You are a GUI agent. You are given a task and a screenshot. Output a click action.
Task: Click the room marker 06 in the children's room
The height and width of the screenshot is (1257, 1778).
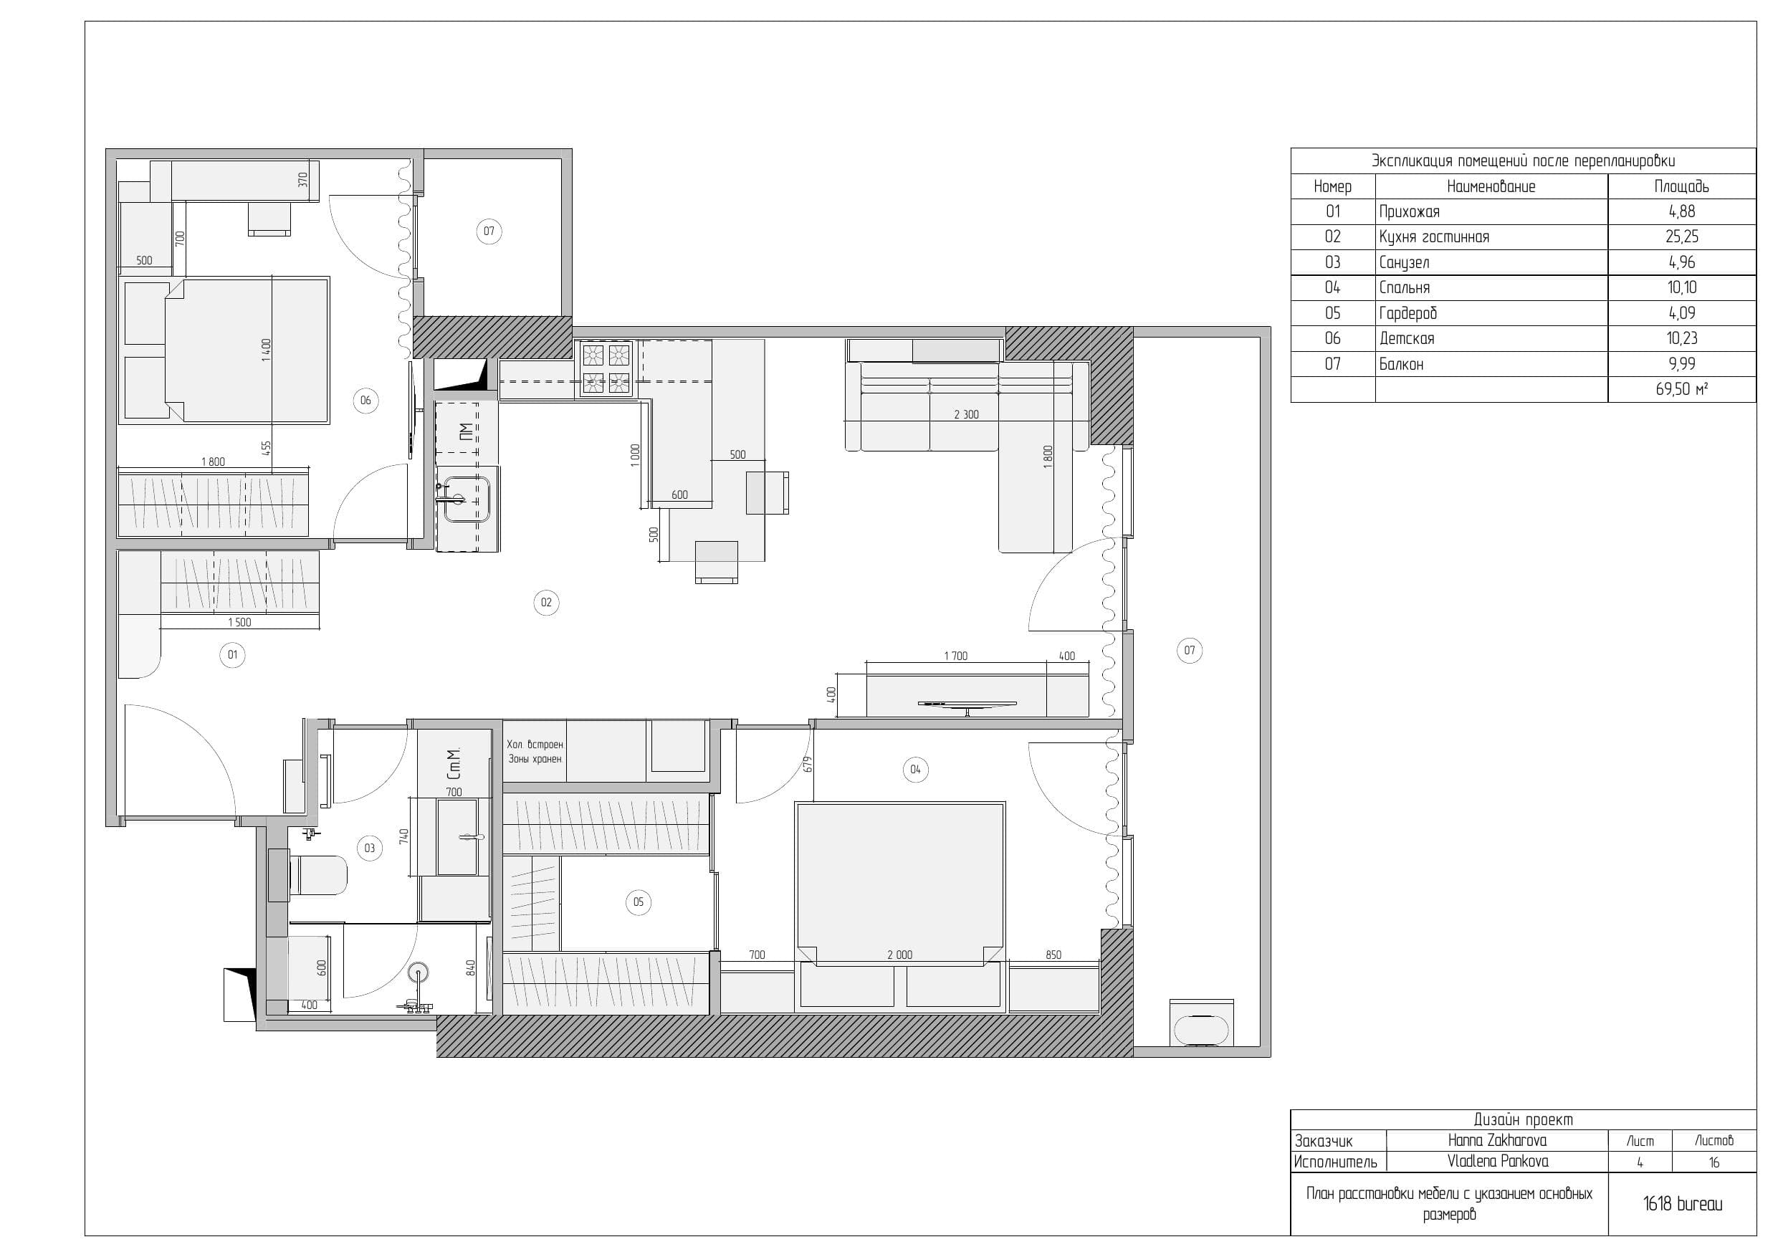click(365, 401)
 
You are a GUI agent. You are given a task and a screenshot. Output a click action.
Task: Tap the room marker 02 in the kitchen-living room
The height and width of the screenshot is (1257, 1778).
click(546, 603)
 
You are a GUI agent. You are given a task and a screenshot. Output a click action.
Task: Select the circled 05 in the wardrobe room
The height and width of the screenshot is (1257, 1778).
click(638, 902)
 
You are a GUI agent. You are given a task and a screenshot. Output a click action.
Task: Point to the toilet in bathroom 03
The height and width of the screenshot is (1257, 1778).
click(317, 875)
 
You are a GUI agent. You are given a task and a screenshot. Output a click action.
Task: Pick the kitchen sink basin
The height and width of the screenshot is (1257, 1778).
click(467, 499)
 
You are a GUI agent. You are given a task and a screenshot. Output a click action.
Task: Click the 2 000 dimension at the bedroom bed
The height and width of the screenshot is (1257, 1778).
click(900, 955)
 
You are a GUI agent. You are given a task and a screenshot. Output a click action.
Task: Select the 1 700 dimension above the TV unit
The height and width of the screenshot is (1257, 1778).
click(955, 656)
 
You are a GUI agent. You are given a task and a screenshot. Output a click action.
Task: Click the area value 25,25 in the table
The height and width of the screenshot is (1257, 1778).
click(1682, 237)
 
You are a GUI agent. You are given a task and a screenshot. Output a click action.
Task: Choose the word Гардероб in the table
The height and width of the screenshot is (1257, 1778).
click(1407, 313)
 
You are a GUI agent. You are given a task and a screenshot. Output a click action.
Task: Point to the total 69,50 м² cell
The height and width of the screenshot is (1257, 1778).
click(1682, 389)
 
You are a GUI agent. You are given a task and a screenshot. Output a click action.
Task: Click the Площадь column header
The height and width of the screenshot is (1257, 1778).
click(1681, 186)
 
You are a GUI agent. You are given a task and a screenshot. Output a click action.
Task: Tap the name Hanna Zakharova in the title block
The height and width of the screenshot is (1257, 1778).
click(1497, 1140)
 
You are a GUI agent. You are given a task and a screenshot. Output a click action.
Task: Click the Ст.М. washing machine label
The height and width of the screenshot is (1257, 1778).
click(454, 764)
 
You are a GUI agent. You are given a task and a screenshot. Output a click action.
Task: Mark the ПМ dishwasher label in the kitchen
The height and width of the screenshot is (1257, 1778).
click(464, 431)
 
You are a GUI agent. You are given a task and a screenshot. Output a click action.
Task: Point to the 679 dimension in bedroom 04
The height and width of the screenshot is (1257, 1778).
click(808, 765)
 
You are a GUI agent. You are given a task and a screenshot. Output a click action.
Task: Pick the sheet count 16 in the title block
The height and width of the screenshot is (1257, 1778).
click(1714, 1162)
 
